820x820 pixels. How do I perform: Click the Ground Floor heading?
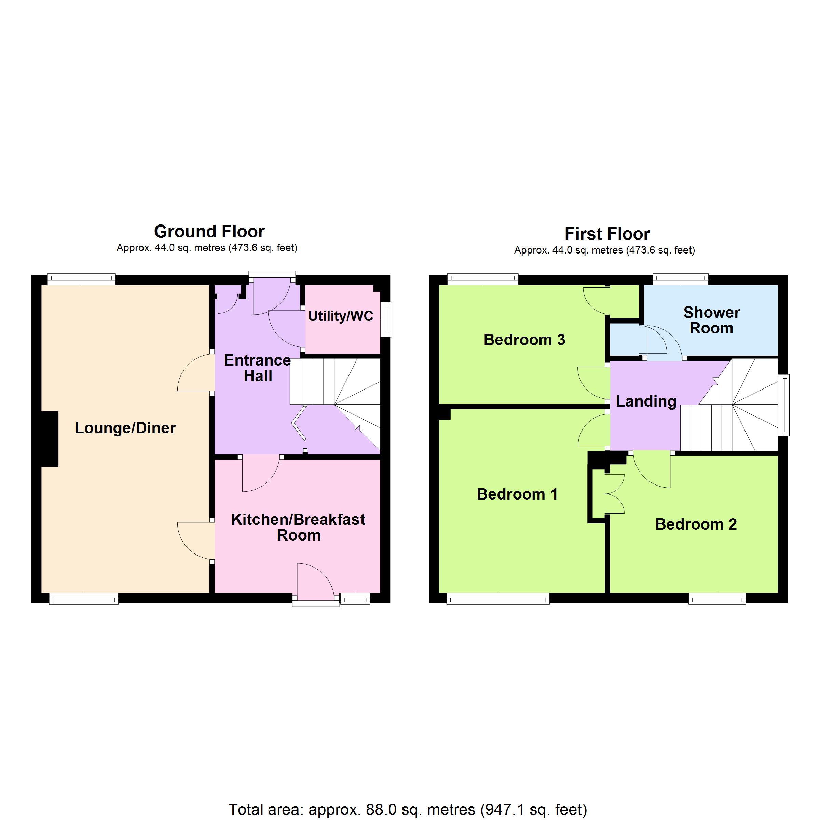(x=209, y=232)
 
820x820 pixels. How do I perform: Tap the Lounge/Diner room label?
(x=125, y=428)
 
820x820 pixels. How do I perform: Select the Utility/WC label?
(x=340, y=316)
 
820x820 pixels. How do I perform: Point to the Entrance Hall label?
(x=258, y=368)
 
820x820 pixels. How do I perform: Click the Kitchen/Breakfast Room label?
(x=298, y=527)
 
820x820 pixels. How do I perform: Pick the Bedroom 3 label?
(x=524, y=340)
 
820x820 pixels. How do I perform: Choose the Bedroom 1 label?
(x=517, y=494)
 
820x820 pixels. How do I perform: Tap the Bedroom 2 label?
(x=696, y=524)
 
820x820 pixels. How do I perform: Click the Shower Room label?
(x=712, y=320)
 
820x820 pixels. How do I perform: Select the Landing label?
(x=646, y=401)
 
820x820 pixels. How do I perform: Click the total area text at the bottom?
(x=408, y=810)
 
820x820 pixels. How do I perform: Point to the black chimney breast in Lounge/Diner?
(x=50, y=439)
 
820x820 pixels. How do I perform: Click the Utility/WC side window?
(x=386, y=319)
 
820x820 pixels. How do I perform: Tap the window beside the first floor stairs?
(x=783, y=405)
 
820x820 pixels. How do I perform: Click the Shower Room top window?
(x=680, y=279)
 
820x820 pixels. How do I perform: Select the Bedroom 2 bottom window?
(x=717, y=599)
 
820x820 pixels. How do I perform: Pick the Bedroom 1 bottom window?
(x=498, y=599)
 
